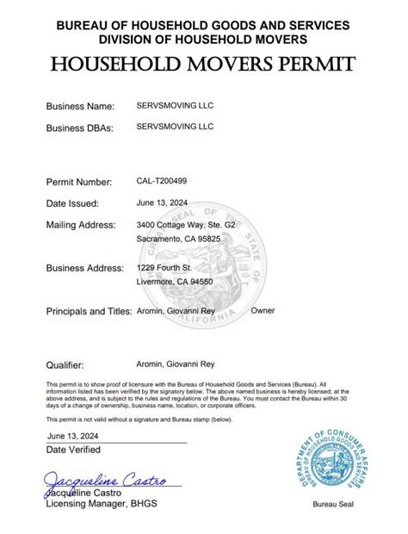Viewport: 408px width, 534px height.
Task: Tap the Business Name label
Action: tap(79, 106)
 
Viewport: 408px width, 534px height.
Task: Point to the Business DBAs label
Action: tap(80, 127)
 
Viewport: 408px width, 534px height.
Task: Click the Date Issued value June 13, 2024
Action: tap(163, 203)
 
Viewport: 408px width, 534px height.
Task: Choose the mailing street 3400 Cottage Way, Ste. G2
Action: tap(185, 225)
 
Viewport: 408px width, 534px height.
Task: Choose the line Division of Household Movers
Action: tap(203, 40)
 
